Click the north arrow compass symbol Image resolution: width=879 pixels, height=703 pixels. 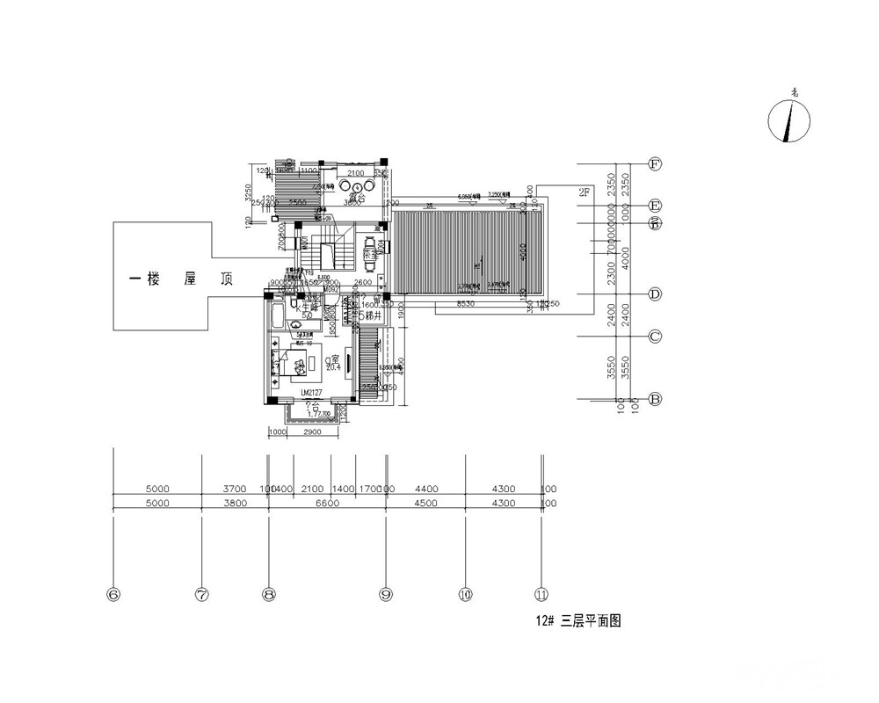789,120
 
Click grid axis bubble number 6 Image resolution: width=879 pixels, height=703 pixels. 113,595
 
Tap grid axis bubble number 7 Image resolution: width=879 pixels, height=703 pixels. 202,595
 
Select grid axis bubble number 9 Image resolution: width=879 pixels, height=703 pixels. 385,595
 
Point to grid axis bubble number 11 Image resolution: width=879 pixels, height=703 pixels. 542,595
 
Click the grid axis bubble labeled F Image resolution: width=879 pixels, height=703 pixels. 654,163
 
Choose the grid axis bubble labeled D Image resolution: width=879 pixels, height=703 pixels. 654,294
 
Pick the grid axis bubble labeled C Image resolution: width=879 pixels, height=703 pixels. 654,337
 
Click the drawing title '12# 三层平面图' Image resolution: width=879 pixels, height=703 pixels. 579,620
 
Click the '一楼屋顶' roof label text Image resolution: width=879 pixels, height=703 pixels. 180,279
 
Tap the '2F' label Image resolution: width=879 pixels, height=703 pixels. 585,192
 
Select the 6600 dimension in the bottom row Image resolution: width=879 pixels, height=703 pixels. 325,504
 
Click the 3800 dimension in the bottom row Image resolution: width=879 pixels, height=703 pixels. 235,504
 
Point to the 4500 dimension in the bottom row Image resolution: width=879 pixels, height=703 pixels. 425,504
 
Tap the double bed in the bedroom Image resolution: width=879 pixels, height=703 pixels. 283,363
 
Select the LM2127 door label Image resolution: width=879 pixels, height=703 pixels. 313,392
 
